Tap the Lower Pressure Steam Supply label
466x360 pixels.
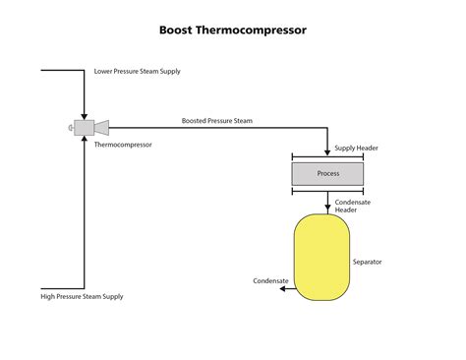(137, 72)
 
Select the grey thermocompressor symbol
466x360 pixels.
(87, 126)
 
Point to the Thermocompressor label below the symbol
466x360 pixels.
(123, 144)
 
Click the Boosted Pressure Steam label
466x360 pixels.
(216, 120)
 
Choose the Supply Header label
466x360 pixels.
(355, 148)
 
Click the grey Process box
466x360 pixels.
(327, 174)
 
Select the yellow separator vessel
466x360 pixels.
(321, 257)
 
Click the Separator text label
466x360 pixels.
(367, 262)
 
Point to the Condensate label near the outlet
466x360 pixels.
(270, 280)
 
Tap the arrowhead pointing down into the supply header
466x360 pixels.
(327, 151)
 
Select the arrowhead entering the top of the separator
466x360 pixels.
(327, 209)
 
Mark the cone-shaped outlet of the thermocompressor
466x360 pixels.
(100, 126)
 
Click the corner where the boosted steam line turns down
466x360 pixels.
(327, 126)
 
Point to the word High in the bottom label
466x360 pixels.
(48, 296)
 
